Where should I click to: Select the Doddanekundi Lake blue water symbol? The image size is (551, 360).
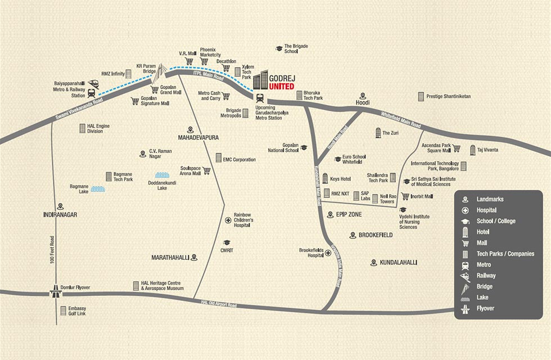162,175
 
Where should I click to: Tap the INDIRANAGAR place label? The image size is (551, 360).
60,214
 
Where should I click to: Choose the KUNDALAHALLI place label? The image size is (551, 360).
401,262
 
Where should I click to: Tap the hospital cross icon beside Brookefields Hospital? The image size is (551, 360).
328,253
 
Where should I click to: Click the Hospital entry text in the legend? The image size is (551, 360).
487,210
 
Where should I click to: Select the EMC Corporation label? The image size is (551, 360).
239,160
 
